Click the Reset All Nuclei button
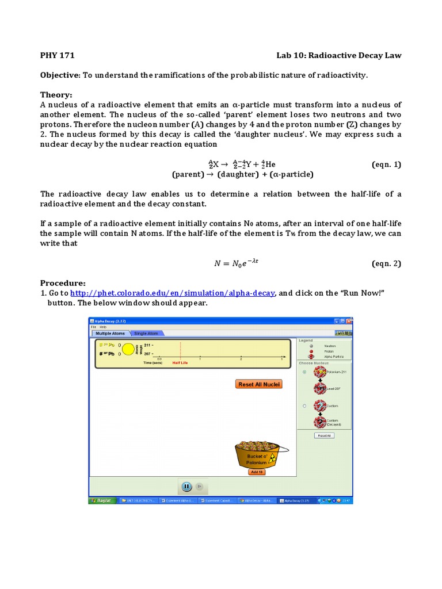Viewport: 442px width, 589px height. pyautogui.click(x=259, y=384)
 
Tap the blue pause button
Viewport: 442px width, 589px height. pyautogui.click(x=186, y=487)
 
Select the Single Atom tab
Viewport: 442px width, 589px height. pyautogui.click(x=146, y=333)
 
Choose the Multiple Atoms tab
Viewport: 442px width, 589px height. pyautogui.click(x=110, y=333)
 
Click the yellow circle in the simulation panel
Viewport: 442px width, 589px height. pyautogui.click(x=128, y=349)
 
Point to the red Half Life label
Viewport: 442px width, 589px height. pyautogui.click(x=180, y=363)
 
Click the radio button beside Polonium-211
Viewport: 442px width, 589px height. pyautogui.click(x=304, y=372)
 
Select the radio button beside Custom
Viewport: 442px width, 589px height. pyautogui.click(x=304, y=406)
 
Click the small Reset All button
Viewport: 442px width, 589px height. pyautogui.click(x=323, y=435)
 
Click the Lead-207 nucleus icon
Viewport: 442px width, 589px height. pyautogui.click(x=319, y=389)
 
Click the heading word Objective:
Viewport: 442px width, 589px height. pyautogui.click(x=60, y=75)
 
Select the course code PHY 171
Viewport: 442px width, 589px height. pyautogui.click(x=57, y=56)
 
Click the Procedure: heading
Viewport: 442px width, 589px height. pyautogui.click(x=62, y=283)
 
